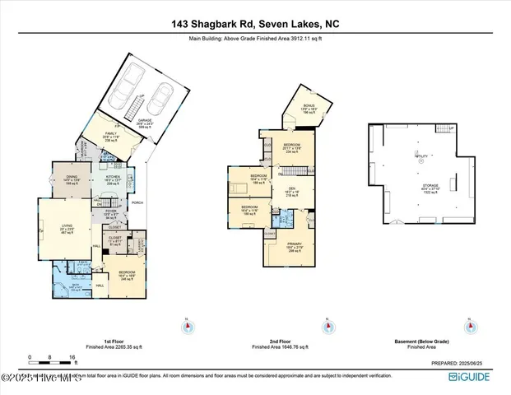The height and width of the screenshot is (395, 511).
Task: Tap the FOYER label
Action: [x=113, y=212]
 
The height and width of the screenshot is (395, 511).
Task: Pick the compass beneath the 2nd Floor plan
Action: [x=328, y=327]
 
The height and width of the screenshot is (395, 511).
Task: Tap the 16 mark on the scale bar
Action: [x=73, y=358]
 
